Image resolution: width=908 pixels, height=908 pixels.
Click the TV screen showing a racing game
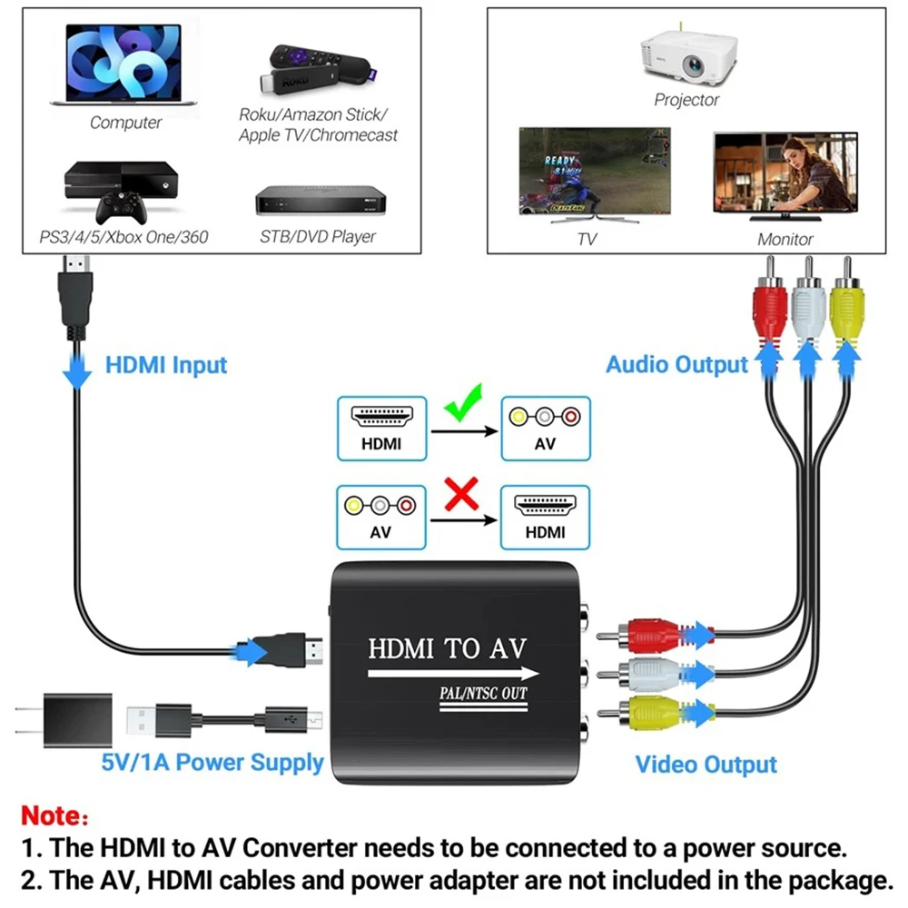coord(595,173)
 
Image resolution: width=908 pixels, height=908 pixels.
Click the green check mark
coord(464,402)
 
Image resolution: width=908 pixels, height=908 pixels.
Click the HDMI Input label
coord(166,366)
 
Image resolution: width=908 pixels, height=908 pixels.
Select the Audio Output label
coord(676,365)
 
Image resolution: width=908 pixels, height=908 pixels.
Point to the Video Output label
coord(706,765)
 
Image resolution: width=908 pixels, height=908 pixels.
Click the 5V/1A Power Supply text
coord(212,762)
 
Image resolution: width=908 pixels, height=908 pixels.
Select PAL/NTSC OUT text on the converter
coord(478,695)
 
